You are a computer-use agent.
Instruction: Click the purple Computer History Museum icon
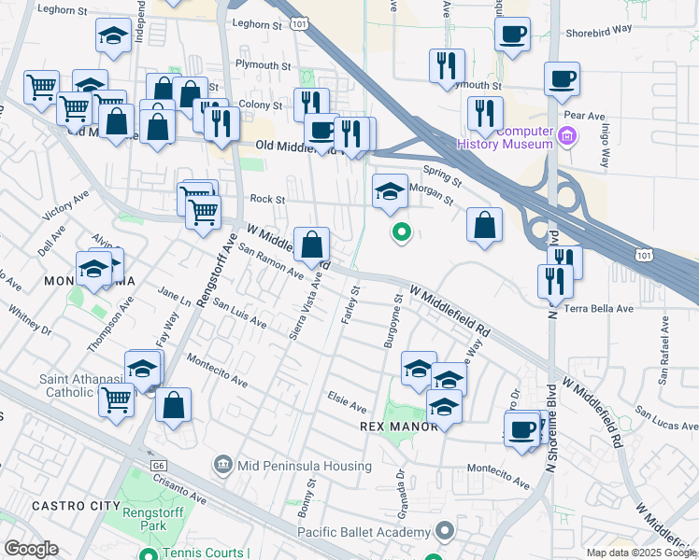[565, 138]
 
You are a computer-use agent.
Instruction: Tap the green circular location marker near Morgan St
[401, 231]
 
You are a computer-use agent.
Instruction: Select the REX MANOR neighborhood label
[399, 427]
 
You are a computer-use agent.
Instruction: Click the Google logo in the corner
[30, 549]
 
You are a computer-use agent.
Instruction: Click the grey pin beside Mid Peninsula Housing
[222, 463]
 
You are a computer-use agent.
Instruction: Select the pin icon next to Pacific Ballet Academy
[445, 532]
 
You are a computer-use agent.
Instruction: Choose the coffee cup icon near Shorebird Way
[511, 35]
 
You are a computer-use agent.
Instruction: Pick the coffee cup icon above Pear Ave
[562, 78]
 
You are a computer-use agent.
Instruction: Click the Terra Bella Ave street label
[600, 308]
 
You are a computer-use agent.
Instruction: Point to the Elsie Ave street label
[347, 407]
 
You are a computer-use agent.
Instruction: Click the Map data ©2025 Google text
[640, 553]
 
